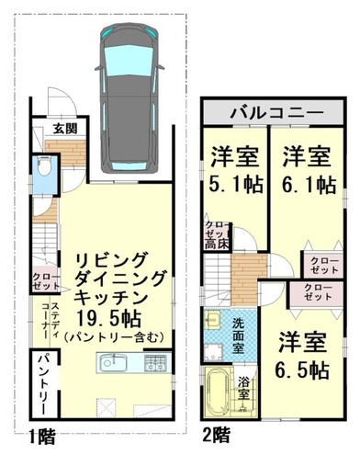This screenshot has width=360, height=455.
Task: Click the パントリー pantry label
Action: click(x=43, y=381)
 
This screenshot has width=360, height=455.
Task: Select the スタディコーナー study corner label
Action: click(x=55, y=319)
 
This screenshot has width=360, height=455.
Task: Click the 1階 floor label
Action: click(x=39, y=433)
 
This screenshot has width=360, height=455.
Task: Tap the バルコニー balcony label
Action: click(x=276, y=112)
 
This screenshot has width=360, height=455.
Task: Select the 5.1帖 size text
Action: click(x=233, y=184)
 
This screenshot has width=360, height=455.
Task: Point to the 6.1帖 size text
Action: click(x=306, y=184)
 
